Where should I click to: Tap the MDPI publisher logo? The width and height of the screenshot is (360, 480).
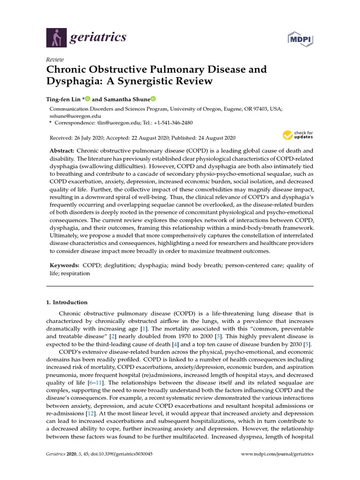[300, 39]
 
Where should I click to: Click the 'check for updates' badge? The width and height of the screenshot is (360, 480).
[297, 136]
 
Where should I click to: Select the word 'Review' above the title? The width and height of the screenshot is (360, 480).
[55, 60]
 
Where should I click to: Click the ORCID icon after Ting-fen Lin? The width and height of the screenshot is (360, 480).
[87, 99]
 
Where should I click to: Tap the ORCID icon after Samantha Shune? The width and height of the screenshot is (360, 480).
[152, 99]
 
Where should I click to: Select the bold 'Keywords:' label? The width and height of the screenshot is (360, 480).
[64, 265]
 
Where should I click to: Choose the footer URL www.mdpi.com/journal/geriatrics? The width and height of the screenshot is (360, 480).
[277, 454]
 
